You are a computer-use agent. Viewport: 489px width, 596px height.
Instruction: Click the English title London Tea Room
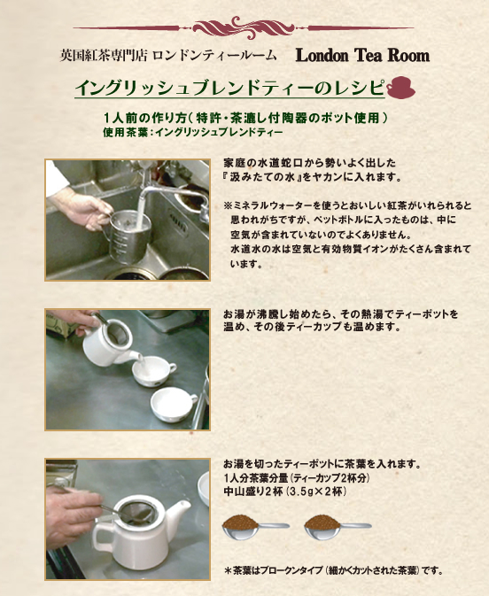point(362,56)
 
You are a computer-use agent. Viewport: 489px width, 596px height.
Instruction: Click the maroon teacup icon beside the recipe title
point(400,88)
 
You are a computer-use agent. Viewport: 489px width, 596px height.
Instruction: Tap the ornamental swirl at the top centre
point(244,27)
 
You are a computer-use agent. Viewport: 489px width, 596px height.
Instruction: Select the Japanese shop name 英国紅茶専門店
point(104,56)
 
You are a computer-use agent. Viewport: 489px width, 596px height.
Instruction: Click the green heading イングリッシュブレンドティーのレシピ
point(229,89)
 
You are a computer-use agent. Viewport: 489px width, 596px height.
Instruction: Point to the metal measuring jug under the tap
point(127,231)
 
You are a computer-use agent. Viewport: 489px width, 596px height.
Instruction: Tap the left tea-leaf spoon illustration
point(255,527)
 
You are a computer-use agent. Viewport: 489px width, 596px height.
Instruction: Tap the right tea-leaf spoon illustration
point(338,527)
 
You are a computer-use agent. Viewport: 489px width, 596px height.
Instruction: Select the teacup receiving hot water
point(153,371)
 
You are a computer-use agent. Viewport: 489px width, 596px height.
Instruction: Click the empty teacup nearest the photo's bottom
point(174,405)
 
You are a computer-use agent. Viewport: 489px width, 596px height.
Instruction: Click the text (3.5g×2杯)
point(317,492)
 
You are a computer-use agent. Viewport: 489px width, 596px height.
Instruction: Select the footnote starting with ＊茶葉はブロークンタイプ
point(333,570)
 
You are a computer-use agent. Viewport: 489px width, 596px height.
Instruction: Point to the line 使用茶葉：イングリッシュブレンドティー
point(193,133)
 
